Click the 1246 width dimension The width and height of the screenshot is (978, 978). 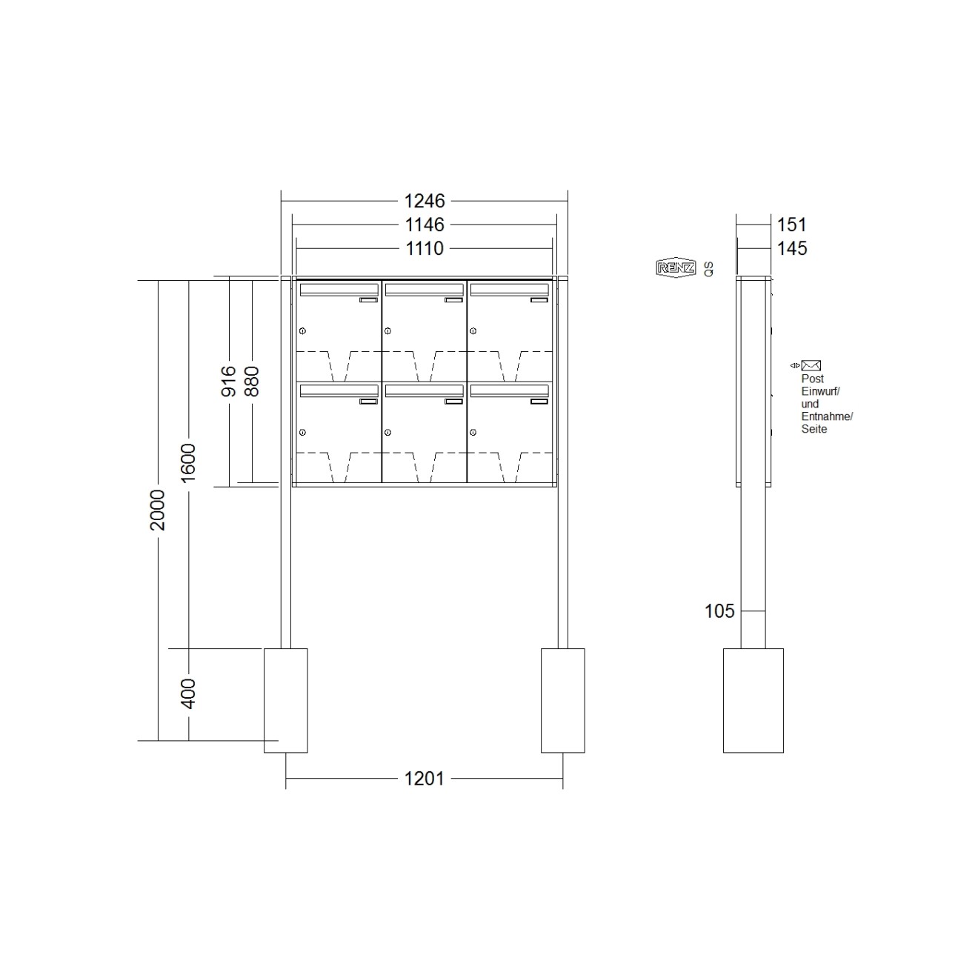click(424, 201)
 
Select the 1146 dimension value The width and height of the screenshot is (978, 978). click(424, 224)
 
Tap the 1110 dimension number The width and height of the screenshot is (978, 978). click(424, 248)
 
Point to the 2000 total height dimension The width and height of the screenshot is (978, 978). click(158, 510)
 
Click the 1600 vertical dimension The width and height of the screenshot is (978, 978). click(188, 463)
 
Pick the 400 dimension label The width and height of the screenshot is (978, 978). click(188, 693)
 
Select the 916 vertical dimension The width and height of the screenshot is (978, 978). click(229, 381)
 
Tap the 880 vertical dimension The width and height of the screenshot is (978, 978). click(252, 381)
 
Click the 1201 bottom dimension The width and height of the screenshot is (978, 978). click(424, 779)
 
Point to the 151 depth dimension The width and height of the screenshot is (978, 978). click(792, 224)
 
